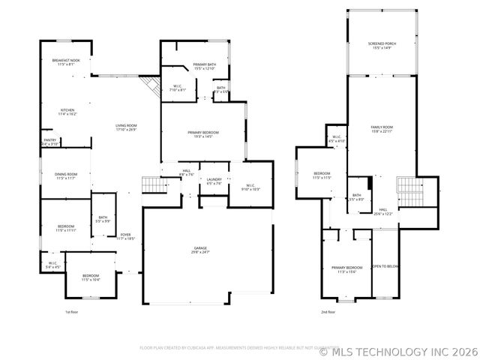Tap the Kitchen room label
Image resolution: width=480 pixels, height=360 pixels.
(67, 113)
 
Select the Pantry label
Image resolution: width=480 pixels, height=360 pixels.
(49, 141)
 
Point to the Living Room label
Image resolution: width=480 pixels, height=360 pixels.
(126, 127)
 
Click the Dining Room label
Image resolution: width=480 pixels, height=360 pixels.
(66, 176)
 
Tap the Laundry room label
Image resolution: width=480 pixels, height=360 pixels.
(214, 181)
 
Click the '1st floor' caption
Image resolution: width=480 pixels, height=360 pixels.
(71, 312)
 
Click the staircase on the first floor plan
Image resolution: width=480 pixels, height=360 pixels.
(152, 184)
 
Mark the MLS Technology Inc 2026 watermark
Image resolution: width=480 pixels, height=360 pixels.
(398, 350)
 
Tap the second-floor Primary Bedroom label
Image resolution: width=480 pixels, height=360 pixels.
(346, 269)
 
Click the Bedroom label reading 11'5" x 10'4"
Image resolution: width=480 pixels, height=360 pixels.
(91, 277)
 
